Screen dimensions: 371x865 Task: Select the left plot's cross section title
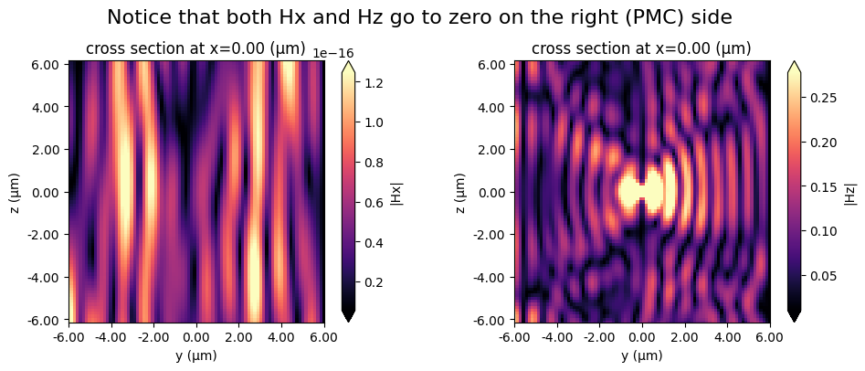pyautogui.click(x=195, y=48)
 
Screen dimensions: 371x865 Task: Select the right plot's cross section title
pyautogui.click(x=641, y=48)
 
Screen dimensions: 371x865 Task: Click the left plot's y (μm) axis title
pyautogui.click(x=195, y=355)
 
